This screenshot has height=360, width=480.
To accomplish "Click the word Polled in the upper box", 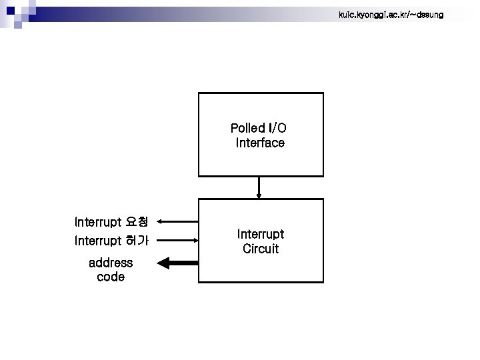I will (247, 128).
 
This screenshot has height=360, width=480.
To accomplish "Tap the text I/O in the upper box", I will (277, 128).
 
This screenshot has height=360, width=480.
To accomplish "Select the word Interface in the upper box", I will (260, 143).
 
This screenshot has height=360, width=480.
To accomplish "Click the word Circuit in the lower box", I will (261, 249).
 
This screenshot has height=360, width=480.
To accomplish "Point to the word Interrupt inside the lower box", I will (261, 235).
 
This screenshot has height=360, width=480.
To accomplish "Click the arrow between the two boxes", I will (259, 187).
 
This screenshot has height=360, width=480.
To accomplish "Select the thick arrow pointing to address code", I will (178, 263).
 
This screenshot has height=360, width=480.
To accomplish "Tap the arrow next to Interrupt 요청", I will (179, 221).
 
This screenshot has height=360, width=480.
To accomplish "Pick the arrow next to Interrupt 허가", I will (179, 240).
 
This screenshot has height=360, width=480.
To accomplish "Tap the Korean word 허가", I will (137, 240).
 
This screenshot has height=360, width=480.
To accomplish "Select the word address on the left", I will (111, 263).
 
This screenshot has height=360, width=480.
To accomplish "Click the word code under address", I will (111, 277).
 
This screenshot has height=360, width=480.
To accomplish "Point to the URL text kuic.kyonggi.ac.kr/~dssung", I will (391, 15).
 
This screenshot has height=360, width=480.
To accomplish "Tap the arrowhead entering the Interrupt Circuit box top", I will (259, 195).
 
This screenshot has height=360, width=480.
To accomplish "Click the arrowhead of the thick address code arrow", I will (164, 263).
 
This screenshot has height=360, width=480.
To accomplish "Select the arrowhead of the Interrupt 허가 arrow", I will (195, 240).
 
